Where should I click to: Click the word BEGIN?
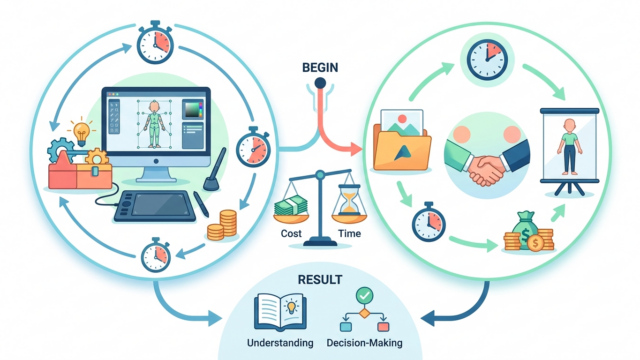pos(320,67)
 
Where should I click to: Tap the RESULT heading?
pos(320,280)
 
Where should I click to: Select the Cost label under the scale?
pos(291,233)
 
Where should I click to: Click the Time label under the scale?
pos(349,233)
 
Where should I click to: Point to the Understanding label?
pos(280,343)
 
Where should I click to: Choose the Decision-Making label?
pos(364,343)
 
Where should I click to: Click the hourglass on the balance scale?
pos(349,200)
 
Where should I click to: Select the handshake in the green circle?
pos(487,162)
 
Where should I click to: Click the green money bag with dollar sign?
pos(525,231)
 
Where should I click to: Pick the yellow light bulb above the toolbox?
pos(81,132)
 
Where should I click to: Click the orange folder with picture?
pos(402,140)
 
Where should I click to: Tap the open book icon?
pos(280,312)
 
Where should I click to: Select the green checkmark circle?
pos(364,296)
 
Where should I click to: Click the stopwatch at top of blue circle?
pos(155,42)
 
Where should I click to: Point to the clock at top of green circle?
pos(487,60)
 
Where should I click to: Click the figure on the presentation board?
pos(569,146)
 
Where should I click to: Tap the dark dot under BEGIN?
pos(320,83)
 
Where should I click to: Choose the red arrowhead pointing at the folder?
pos(355,149)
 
